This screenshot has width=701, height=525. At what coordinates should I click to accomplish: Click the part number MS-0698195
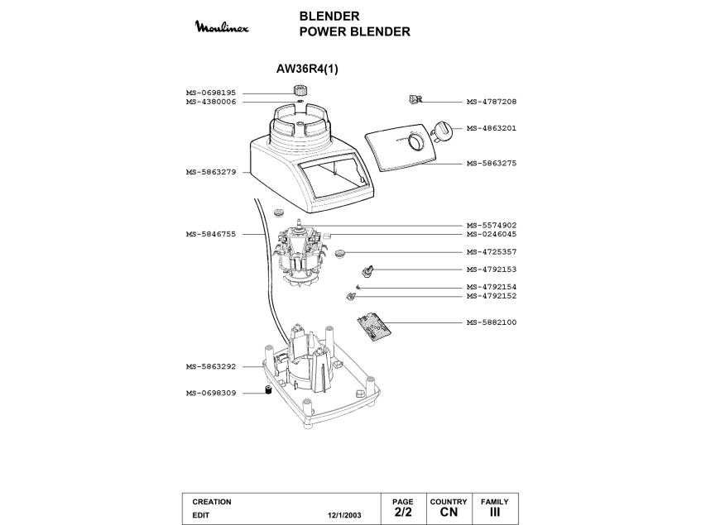(x=211, y=93)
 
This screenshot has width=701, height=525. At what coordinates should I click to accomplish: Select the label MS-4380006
(x=211, y=102)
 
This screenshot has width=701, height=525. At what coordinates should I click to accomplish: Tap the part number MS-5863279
(x=211, y=172)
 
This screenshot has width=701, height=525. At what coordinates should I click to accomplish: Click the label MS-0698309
(x=211, y=394)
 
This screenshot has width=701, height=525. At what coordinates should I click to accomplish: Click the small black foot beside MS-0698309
(x=268, y=391)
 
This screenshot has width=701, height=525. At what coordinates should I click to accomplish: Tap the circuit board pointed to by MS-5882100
(x=374, y=326)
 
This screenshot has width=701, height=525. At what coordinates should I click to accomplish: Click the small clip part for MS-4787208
(x=416, y=100)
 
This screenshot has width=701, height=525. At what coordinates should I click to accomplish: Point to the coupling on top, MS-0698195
(x=299, y=90)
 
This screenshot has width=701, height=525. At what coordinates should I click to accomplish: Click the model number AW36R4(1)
(x=307, y=69)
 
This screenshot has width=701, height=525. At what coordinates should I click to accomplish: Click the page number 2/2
(x=403, y=513)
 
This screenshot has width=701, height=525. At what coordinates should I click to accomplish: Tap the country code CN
(x=449, y=513)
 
